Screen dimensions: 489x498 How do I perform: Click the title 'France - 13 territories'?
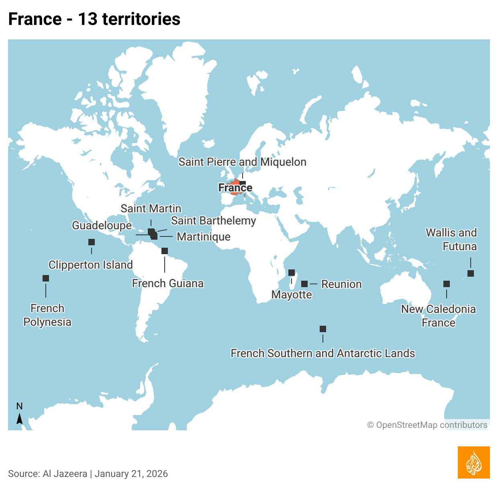(x=94, y=19)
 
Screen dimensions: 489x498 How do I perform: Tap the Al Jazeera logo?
(x=474, y=462)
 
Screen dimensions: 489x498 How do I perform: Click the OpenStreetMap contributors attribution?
(x=427, y=425)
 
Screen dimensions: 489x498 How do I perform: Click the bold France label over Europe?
(x=235, y=188)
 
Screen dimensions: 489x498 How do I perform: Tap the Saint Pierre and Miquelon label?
(x=242, y=162)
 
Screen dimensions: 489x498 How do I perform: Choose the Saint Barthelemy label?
(x=213, y=221)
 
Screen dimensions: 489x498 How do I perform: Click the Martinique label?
(x=204, y=237)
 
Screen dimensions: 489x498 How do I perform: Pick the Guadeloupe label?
(x=102, y=226)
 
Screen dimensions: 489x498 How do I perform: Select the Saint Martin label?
(x=151, y=209)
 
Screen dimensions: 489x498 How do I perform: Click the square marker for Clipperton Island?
(x=92, y=242)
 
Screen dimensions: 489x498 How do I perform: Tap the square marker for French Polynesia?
(x=46, y=278)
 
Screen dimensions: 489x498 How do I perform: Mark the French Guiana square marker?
(x=165, y=251)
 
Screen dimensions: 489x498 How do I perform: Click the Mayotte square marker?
(x=292, y=273)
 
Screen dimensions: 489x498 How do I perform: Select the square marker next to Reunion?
(x=304, y=284)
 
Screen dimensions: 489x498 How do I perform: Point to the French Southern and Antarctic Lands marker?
(x=323, y=329)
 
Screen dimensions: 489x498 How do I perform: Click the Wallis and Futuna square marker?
(x=471, y=273)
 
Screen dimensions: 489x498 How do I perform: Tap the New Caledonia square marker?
(x=447, y=284)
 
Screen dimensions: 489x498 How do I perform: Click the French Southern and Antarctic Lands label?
(x=322, y=353)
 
